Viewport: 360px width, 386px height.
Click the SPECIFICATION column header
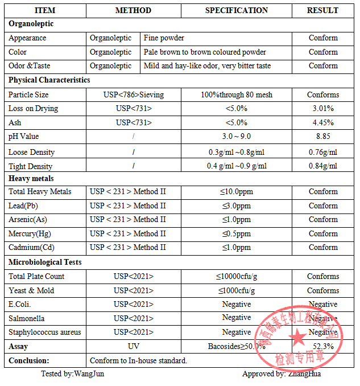(x=236, y=10)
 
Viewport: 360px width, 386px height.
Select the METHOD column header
(x=133, y=10)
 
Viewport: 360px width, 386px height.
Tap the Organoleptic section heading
(x=31, y=24)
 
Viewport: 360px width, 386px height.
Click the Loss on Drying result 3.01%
(x=323, y=109)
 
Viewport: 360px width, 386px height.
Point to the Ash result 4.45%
(x=323, y=122)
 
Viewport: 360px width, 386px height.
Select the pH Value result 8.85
(x=323, y=137)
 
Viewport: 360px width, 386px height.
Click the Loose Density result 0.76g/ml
(x=323, y=152)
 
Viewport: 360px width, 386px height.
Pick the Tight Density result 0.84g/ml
(x=323, y=166)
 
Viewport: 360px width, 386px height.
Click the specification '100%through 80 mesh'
(x=236, y=95)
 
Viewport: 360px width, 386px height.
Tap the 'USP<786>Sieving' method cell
(x=133, y=95)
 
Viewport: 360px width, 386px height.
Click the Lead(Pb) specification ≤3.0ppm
(x=236, y=206)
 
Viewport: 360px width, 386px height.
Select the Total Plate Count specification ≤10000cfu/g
(x=236, y=277)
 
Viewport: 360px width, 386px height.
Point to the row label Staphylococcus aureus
(x=44, y=332)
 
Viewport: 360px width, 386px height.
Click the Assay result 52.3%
(x=323, y=346)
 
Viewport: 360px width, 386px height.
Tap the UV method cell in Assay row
(x=133, y=346)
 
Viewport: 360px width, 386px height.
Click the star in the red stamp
(x=297, y=337)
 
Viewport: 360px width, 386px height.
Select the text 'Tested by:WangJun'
(x=72, y=374)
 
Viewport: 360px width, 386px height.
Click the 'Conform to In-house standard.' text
(x=138, y=360)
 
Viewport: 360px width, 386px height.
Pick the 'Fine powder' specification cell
(x=164, y=38)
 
